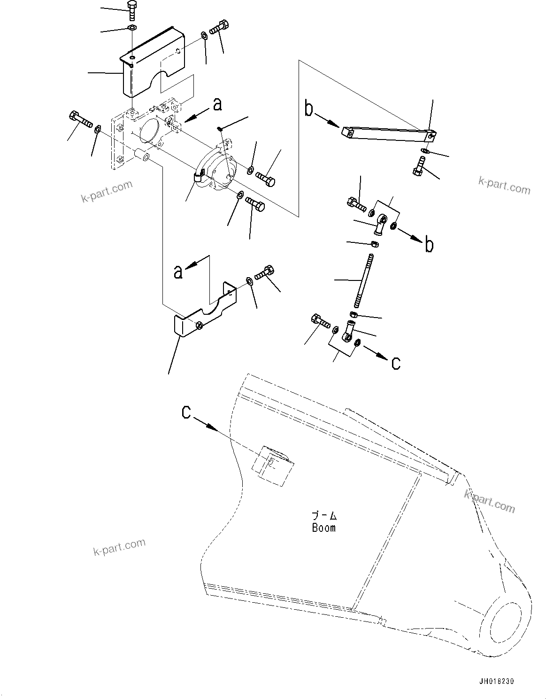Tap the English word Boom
coord(324,528)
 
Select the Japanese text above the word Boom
coord(324,515)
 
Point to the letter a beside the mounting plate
coord(217,104)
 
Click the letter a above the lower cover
coord(178,272)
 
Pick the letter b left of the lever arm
coord(308,109)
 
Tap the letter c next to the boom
coord(187,412)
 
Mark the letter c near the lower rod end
coord(396,363)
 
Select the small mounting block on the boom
coord(273,466)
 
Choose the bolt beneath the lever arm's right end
coord(418,166)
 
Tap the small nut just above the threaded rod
coord(375,244)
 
